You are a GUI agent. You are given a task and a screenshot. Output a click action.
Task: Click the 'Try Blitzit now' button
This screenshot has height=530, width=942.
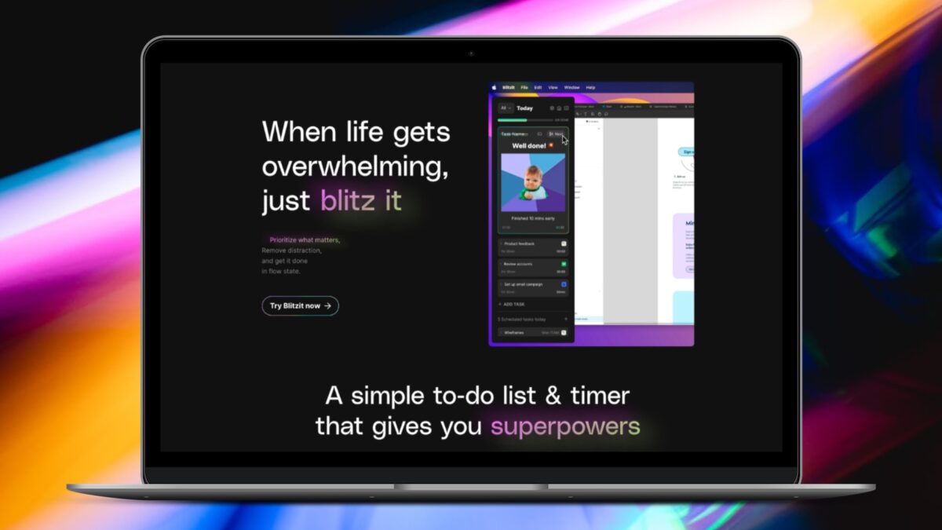300,305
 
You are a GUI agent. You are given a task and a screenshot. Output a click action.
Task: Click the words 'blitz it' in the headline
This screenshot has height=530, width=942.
360,201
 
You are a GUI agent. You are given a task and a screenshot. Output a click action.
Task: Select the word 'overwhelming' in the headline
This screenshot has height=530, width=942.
356,166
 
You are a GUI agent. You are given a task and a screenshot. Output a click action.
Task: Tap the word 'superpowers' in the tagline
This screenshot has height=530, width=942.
565,426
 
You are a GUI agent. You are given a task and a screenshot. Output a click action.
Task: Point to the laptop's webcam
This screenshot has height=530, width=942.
471,53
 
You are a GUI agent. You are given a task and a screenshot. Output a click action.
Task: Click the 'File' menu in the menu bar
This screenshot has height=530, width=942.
524,87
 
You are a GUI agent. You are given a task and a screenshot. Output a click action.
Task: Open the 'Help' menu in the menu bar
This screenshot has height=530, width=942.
590,87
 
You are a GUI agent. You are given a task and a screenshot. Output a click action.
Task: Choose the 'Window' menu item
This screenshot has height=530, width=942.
571,87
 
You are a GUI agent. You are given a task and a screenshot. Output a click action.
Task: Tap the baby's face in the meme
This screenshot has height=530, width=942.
534,176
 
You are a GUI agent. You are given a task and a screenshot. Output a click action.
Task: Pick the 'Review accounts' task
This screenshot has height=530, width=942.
518,264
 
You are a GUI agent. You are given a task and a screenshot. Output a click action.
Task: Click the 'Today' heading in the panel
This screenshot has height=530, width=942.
524,108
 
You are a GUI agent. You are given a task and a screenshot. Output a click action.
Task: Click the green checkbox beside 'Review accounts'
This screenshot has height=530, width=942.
564,264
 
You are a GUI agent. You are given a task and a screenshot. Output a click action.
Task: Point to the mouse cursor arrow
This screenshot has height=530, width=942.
564,139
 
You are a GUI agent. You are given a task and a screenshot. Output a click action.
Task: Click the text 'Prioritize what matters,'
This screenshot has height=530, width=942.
305,239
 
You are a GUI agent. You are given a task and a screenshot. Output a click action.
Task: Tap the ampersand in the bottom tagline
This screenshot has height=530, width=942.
553,395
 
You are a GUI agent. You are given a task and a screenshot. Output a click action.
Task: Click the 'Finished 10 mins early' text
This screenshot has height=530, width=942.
532,217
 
